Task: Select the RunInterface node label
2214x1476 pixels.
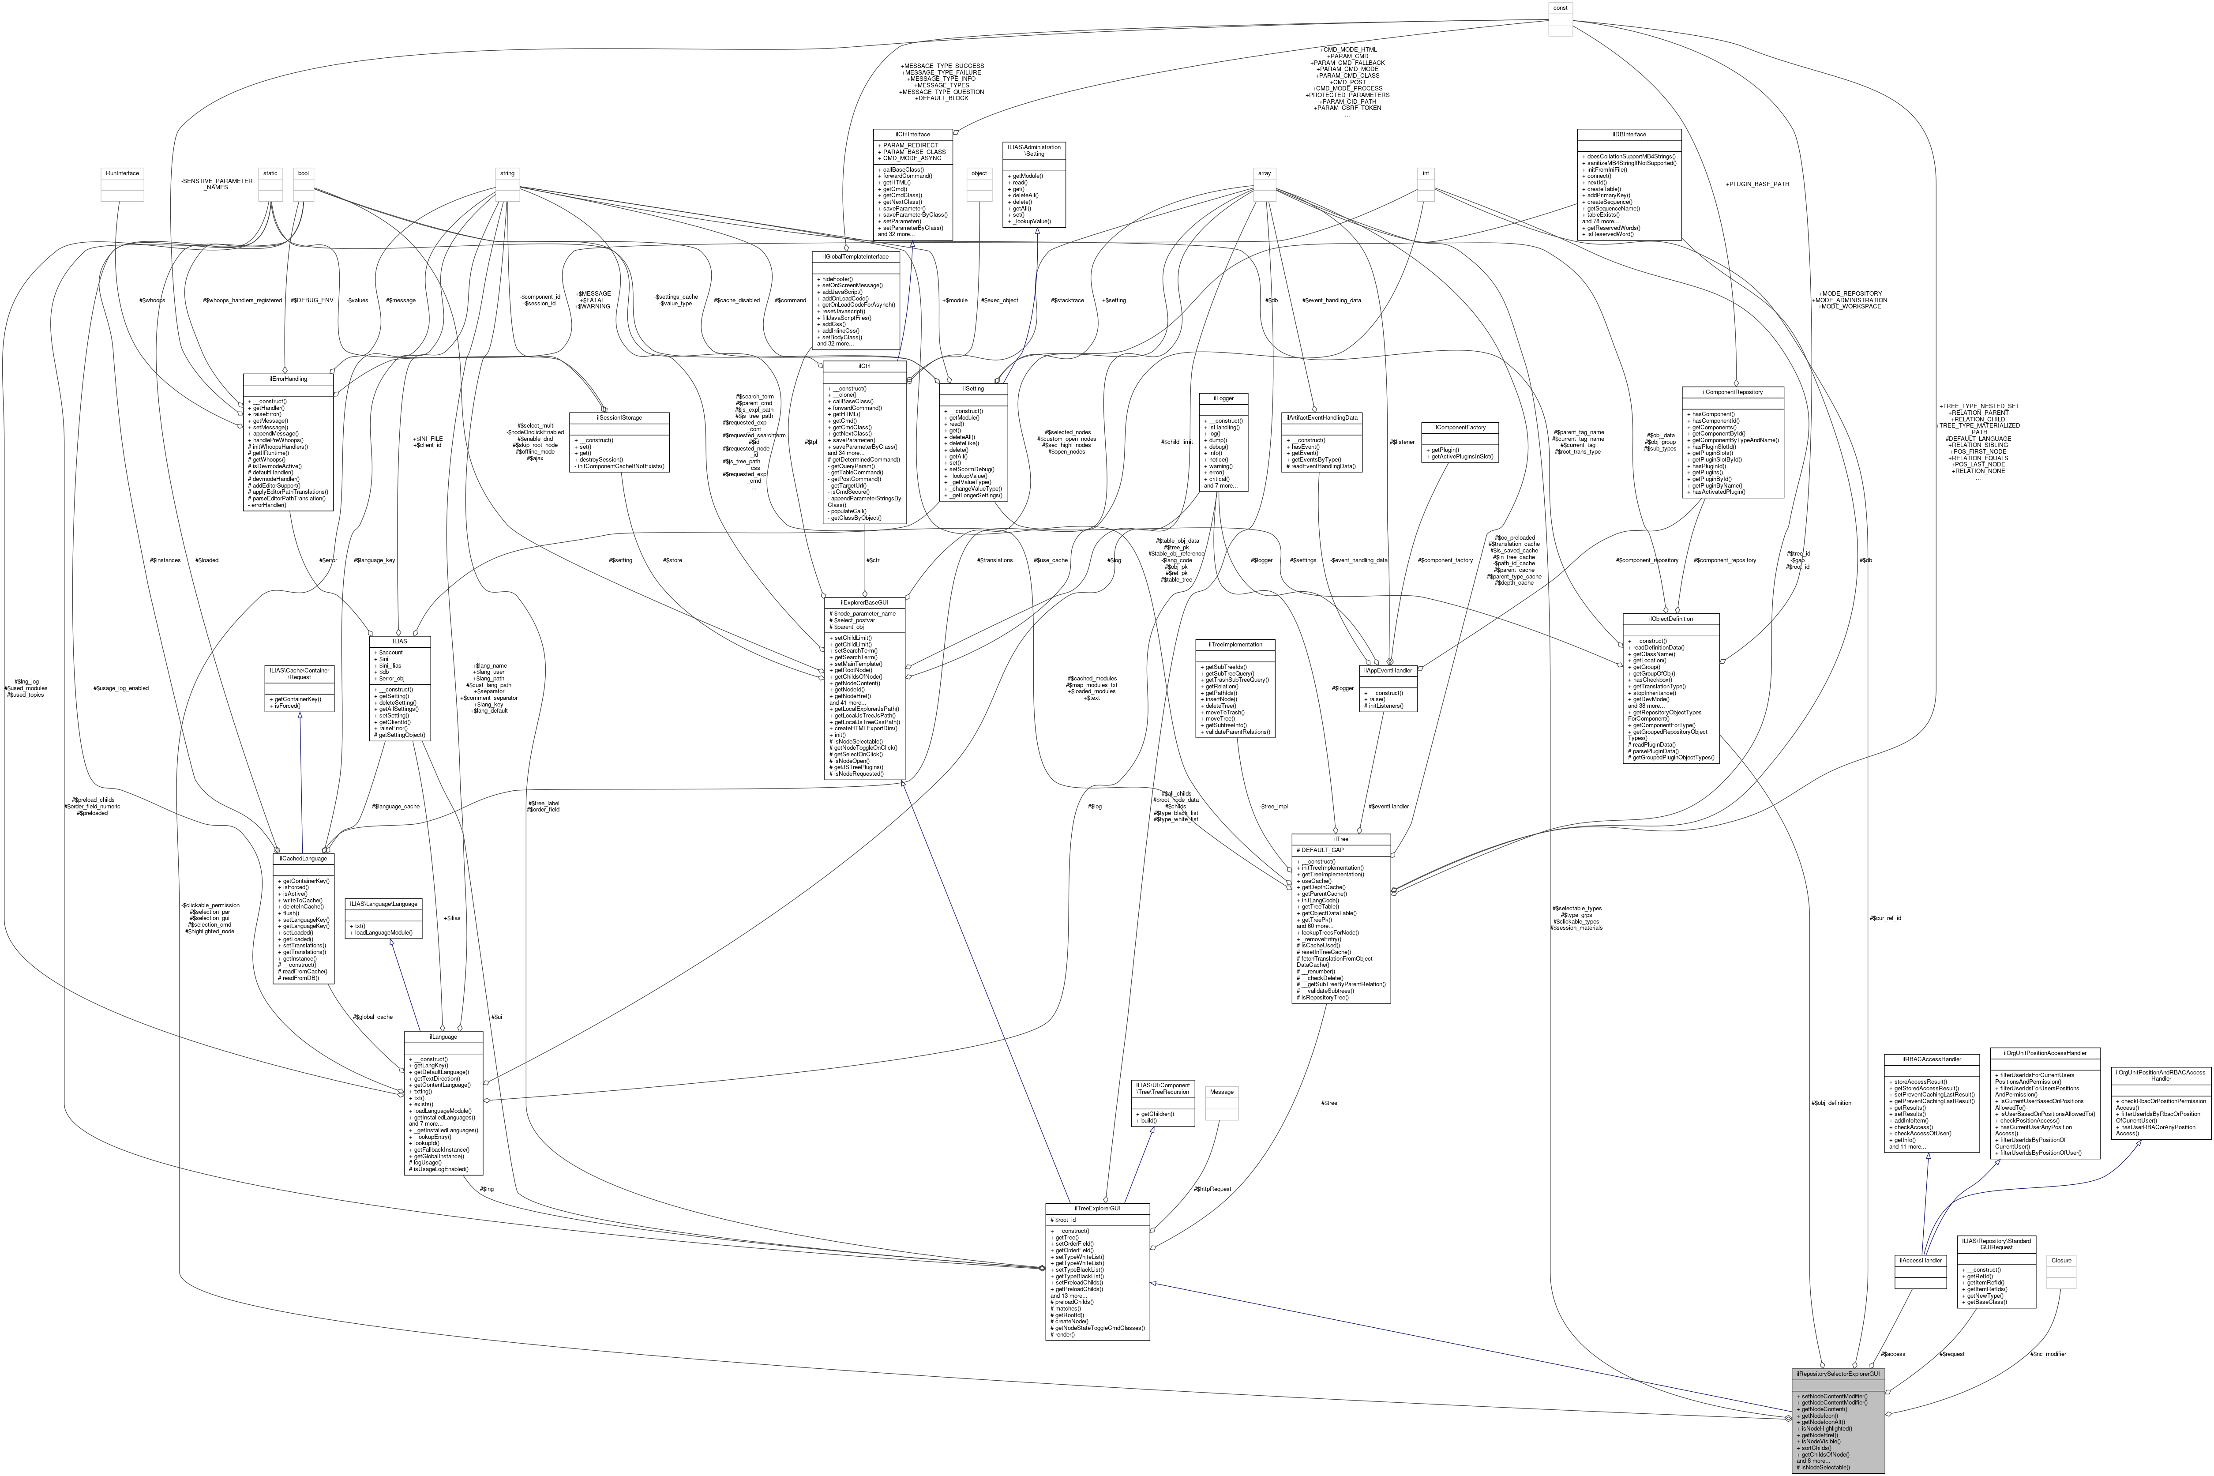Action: point(122,173)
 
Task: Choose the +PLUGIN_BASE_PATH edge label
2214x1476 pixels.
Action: point(1756,184)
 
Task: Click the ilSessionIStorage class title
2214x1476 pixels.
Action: point(619,417)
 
